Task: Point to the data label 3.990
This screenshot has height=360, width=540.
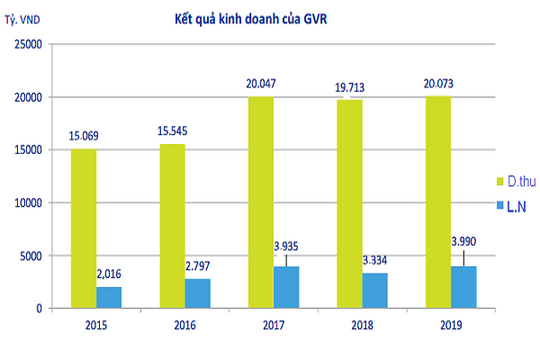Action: coord(462,240)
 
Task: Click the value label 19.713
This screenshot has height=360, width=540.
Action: coord(348,89)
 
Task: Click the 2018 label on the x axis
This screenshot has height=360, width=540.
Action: coord(362,326)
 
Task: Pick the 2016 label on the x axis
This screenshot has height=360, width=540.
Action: coord(185,326)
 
